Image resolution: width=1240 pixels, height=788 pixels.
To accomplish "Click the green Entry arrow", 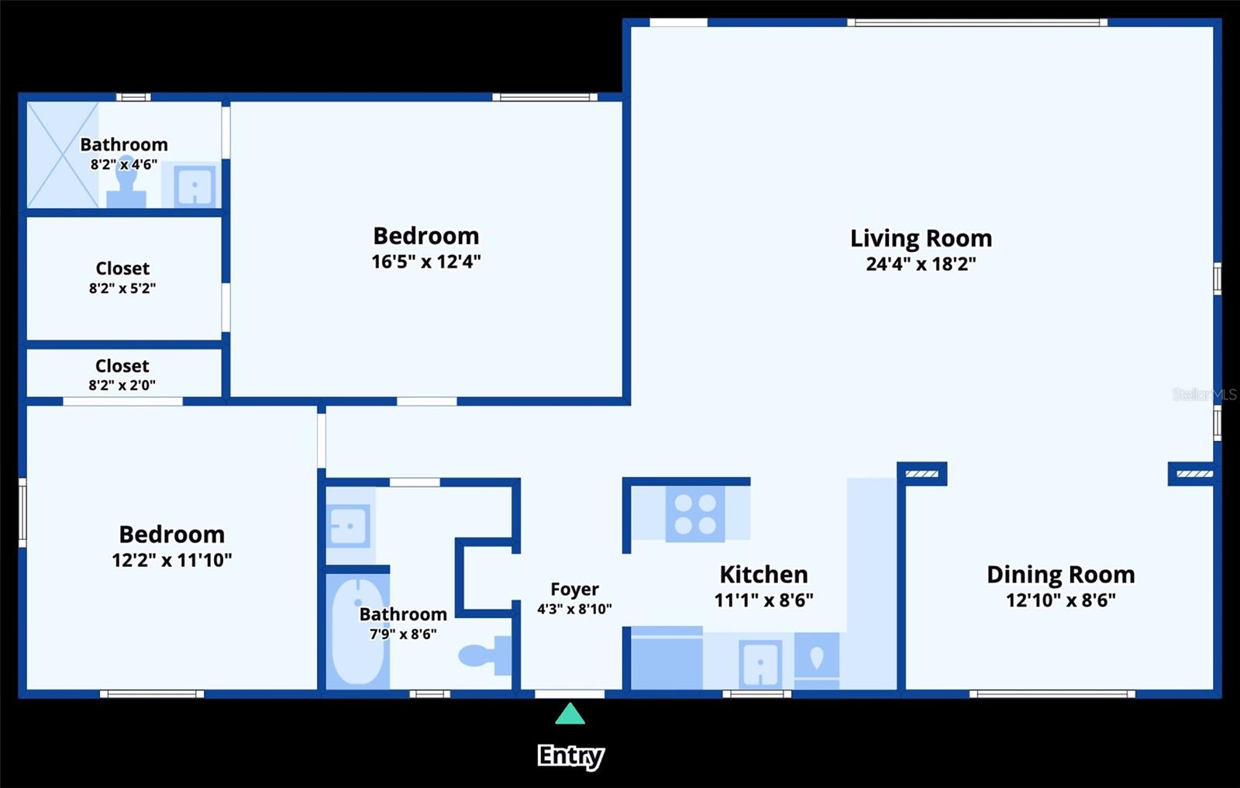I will [x=570, y=714].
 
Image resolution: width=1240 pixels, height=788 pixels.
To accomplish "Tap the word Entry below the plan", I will [x=570, y=755].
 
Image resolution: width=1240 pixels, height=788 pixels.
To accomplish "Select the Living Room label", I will [x=921, y=238].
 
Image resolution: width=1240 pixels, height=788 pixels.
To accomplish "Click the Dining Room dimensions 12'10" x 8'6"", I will [x=1060, y=600].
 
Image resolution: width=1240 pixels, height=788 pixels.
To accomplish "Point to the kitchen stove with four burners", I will [x=695, y=514].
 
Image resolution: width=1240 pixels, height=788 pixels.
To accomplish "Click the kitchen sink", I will [x=759, y=663].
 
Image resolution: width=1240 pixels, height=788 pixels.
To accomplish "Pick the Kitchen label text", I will [x=763, y=575].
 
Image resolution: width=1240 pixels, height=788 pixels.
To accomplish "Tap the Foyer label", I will [x=574, y=589].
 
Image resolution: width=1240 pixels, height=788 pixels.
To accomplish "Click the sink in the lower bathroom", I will [x=348, y=526].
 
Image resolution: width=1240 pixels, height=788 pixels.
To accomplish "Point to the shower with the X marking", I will [x=62, y=154].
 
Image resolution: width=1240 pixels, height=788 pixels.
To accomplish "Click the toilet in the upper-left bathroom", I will [x=126, y=183].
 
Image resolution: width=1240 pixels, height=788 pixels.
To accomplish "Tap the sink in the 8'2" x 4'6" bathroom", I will [x=194, y=185].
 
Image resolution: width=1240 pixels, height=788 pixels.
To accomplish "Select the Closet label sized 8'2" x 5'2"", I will [x=122, y=269].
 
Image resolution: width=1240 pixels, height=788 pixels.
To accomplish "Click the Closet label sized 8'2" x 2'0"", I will [x=122, y=366].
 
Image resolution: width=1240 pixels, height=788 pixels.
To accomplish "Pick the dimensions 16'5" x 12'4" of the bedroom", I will [x=426, y=261].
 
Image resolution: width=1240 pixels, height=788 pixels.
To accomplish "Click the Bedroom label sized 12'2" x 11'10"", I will [x=171, y=534].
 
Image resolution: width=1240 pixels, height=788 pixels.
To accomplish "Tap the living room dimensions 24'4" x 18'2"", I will [x=921, y=264].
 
